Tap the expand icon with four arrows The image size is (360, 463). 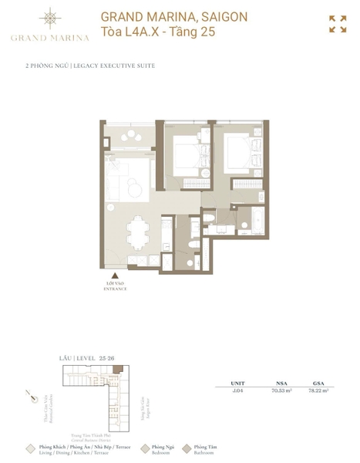[x=337, y=24]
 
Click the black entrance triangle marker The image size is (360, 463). [x=116, y=275]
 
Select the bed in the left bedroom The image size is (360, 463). [x=184, y=154]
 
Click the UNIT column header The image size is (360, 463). [x=237, y=383]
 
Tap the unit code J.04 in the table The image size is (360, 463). [x=237, y=391]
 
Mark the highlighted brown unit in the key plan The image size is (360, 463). [x=116, y=372]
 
